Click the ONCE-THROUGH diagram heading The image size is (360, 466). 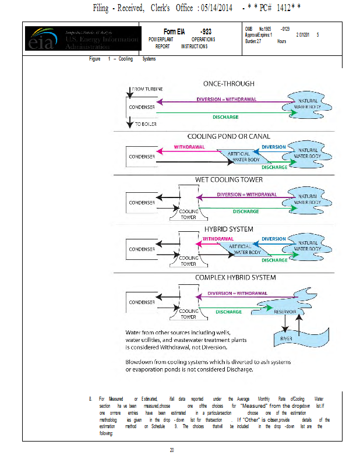click(x=229, y=84)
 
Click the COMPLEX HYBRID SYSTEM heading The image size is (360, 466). click(x=235, y=277)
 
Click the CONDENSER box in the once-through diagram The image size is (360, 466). click(x=142, y=107)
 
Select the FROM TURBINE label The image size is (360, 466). click(x=147, y=89)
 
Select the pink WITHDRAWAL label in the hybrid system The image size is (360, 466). click(x=218, y=239)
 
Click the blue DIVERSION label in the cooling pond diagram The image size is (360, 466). click(x=273, y=147)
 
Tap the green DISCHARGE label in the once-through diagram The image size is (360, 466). click(x=226, y=117)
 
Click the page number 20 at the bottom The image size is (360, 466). click(x=172, y=450)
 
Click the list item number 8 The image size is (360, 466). click(x=90, y=398)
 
